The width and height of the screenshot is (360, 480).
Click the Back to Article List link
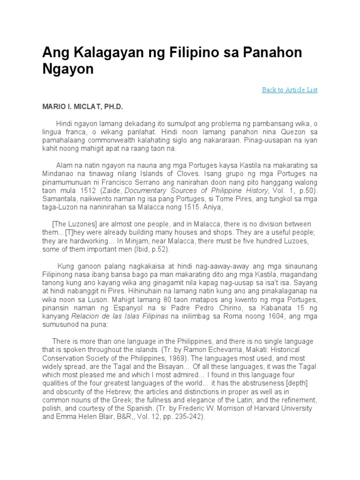click(x=290, y=90)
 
